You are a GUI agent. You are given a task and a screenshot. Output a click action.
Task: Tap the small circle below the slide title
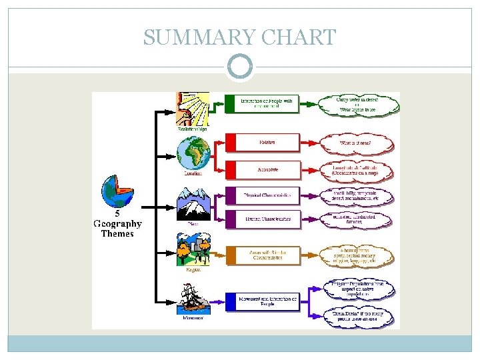coord(240,67)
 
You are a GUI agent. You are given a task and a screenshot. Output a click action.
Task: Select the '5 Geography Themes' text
coord(117,224)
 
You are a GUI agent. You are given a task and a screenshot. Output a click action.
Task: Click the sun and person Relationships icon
coord(193,109)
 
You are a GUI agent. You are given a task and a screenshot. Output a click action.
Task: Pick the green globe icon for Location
coord(193,153)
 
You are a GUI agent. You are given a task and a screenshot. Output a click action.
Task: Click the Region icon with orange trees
coord(193,250)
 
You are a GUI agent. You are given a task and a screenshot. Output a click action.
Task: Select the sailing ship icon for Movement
coord(193,300)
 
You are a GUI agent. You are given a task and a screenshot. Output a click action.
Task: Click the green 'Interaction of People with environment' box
coord(261,104)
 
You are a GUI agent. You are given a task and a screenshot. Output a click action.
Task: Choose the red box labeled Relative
coord(261,142)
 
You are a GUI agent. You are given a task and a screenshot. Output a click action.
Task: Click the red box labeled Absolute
coord(261,169)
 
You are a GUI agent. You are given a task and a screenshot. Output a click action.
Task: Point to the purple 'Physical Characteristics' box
coord(261,195)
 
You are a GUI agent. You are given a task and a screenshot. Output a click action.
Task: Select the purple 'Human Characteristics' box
coord(261,219)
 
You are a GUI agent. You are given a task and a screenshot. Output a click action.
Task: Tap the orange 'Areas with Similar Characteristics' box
coord(261,255)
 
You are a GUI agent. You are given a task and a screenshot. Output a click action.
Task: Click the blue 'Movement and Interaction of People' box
coord(261,302)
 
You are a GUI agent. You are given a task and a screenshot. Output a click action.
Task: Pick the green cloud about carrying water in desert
coord(361,104)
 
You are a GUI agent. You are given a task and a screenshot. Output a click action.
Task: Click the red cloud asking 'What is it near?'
coord(361,142)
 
